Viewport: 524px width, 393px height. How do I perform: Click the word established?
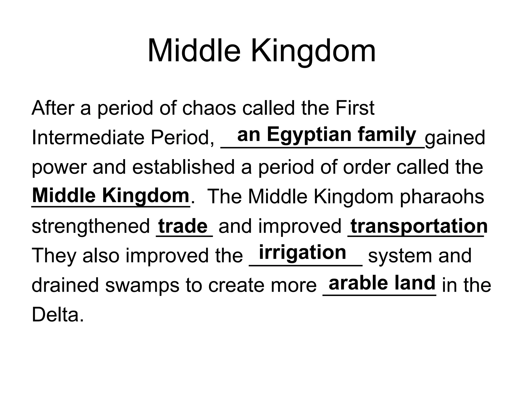183,167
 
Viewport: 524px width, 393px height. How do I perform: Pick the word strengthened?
91,226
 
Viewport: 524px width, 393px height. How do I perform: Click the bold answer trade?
183,226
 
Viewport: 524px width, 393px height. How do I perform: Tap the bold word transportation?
419,226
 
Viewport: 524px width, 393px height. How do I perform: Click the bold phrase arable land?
382,283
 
